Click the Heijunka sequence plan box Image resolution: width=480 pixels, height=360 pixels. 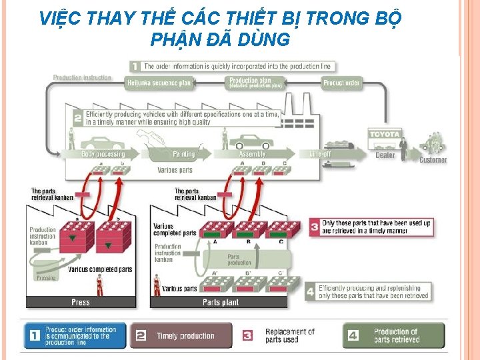click(x=158, y=83)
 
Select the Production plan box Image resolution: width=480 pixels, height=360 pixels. click(x=255, y=83)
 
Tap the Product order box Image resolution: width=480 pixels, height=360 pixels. click(x=341, y=83)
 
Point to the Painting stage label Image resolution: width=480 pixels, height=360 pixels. click(x=184, y=154)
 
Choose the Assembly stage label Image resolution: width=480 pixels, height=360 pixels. click(x=252, y=154)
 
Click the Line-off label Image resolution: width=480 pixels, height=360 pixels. click(x=320, y=154)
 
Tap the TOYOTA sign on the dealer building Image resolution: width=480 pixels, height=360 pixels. click(x=385, y=134)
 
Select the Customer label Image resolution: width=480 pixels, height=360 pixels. click(x=433, y=160)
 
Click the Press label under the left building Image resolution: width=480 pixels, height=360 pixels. click(x=81, y=302)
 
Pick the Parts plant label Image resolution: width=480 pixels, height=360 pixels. click(x=220, y=302)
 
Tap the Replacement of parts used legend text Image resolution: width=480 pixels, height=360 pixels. click(x=289, y=335)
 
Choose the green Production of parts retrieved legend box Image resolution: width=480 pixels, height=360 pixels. click(x=393, y=335)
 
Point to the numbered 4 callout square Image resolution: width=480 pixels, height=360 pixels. click(x=310, y=291)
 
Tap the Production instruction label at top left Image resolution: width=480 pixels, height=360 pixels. click(x=82, y=77)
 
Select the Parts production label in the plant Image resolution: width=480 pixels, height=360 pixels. click(x=239, y=259)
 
